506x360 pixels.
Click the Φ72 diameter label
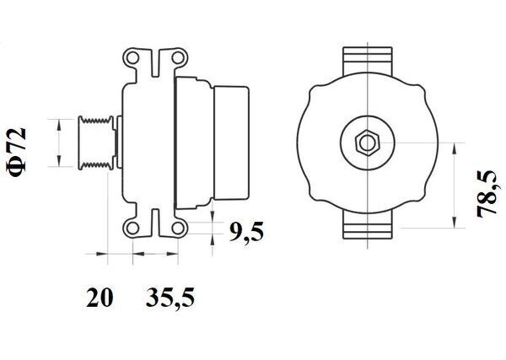(17, 153)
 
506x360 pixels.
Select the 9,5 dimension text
(246, 232)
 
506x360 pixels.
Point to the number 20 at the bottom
(100, 298)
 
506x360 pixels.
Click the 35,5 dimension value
(170, 298)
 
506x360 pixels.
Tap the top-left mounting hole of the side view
(132, 58)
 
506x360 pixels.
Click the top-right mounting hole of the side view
(177, 58)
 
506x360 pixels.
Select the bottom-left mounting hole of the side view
(132, 228)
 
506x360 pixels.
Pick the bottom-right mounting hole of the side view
(177, 228)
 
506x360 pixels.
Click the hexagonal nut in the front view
(368, 143)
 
